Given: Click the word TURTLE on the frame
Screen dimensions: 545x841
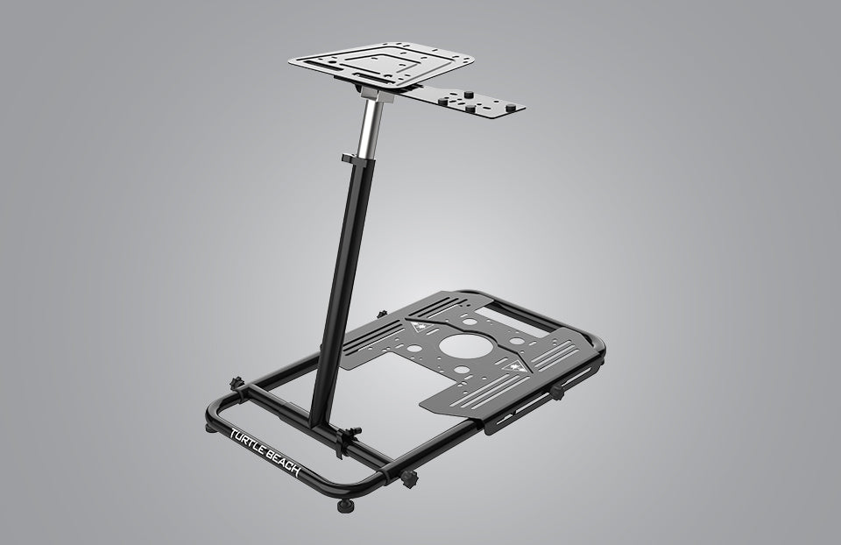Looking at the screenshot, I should pos(249,443).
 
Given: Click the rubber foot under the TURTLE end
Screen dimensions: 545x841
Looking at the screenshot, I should pos(209,428).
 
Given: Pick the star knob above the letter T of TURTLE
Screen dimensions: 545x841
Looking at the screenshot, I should pos(236,385).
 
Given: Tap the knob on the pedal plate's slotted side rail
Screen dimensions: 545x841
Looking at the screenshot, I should pos(557,392).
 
